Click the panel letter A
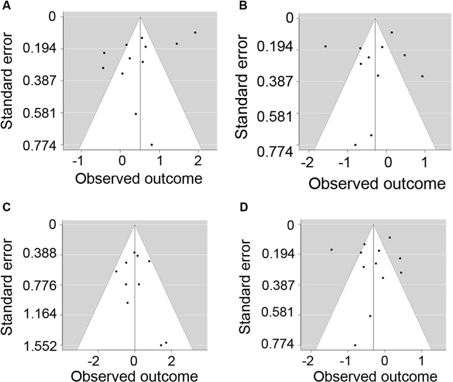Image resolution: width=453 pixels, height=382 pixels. [6, 5]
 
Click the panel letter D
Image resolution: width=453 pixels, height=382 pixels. [244, 208]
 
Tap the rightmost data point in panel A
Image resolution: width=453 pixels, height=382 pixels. [195, 33]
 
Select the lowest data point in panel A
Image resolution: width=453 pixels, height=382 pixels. [152, 145]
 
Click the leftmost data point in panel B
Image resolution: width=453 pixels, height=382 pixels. [326, 46]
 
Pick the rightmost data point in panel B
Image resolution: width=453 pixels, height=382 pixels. [422, 76]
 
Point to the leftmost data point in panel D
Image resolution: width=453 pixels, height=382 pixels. [331, 250]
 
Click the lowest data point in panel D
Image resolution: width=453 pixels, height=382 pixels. [355, 345]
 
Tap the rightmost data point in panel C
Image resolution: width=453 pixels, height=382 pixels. [166, 343]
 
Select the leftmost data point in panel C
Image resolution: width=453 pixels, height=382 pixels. [116, 271]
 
